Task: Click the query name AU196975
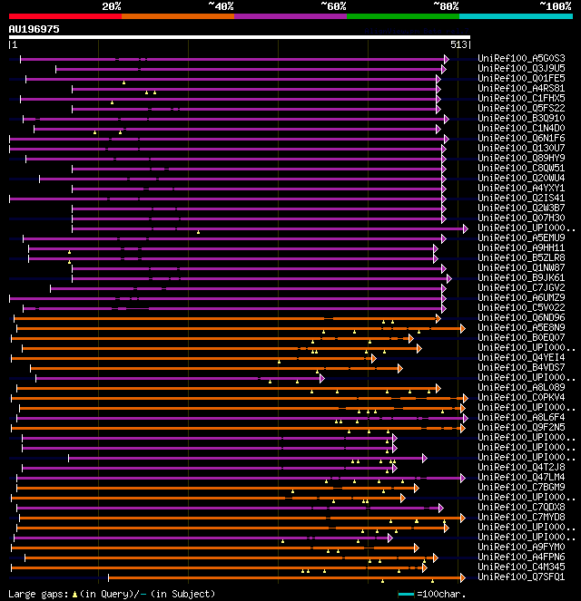click(x=34, y=29)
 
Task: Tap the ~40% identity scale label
click(x=221, y=6)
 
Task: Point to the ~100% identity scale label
click(x=555, y=6)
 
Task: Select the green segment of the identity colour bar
click(x=402, y=16)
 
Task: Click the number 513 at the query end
click(x=458, y=44)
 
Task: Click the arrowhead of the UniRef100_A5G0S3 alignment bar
click(x=446, y=59)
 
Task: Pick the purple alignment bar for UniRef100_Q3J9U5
click(x=245, y=69)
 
